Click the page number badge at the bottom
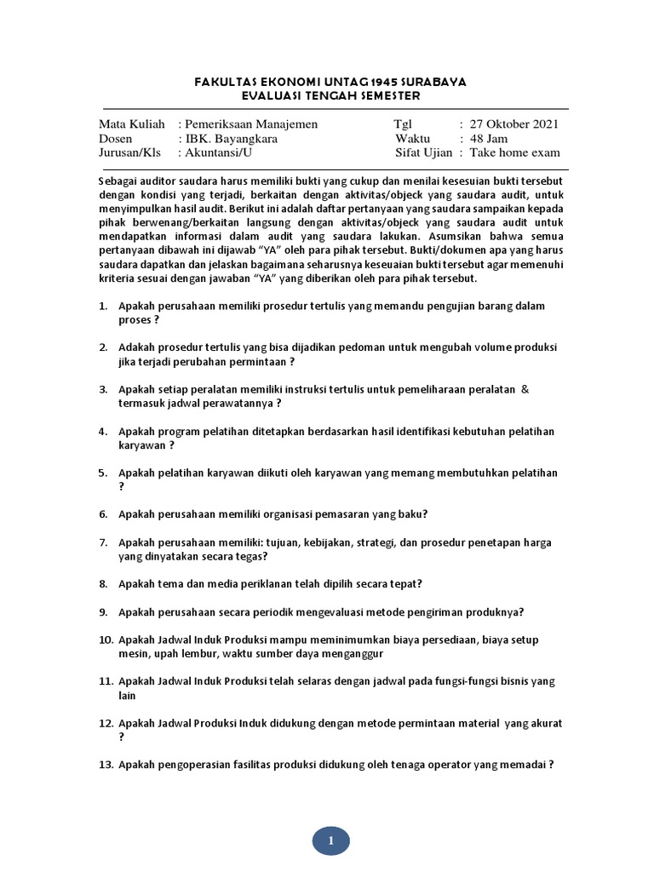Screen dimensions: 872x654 click(x=330, y=841)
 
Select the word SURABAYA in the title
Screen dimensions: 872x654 click(x=429, y=81)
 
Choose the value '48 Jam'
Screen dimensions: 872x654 click(x=489, y=138)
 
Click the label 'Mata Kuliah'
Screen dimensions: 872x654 click(x=132, y=123)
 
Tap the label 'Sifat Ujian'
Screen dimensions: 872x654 click(x=425, y=152)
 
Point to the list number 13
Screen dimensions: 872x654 click(x=106, y=764)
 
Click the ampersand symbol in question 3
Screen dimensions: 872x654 click(x=525, y=388)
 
